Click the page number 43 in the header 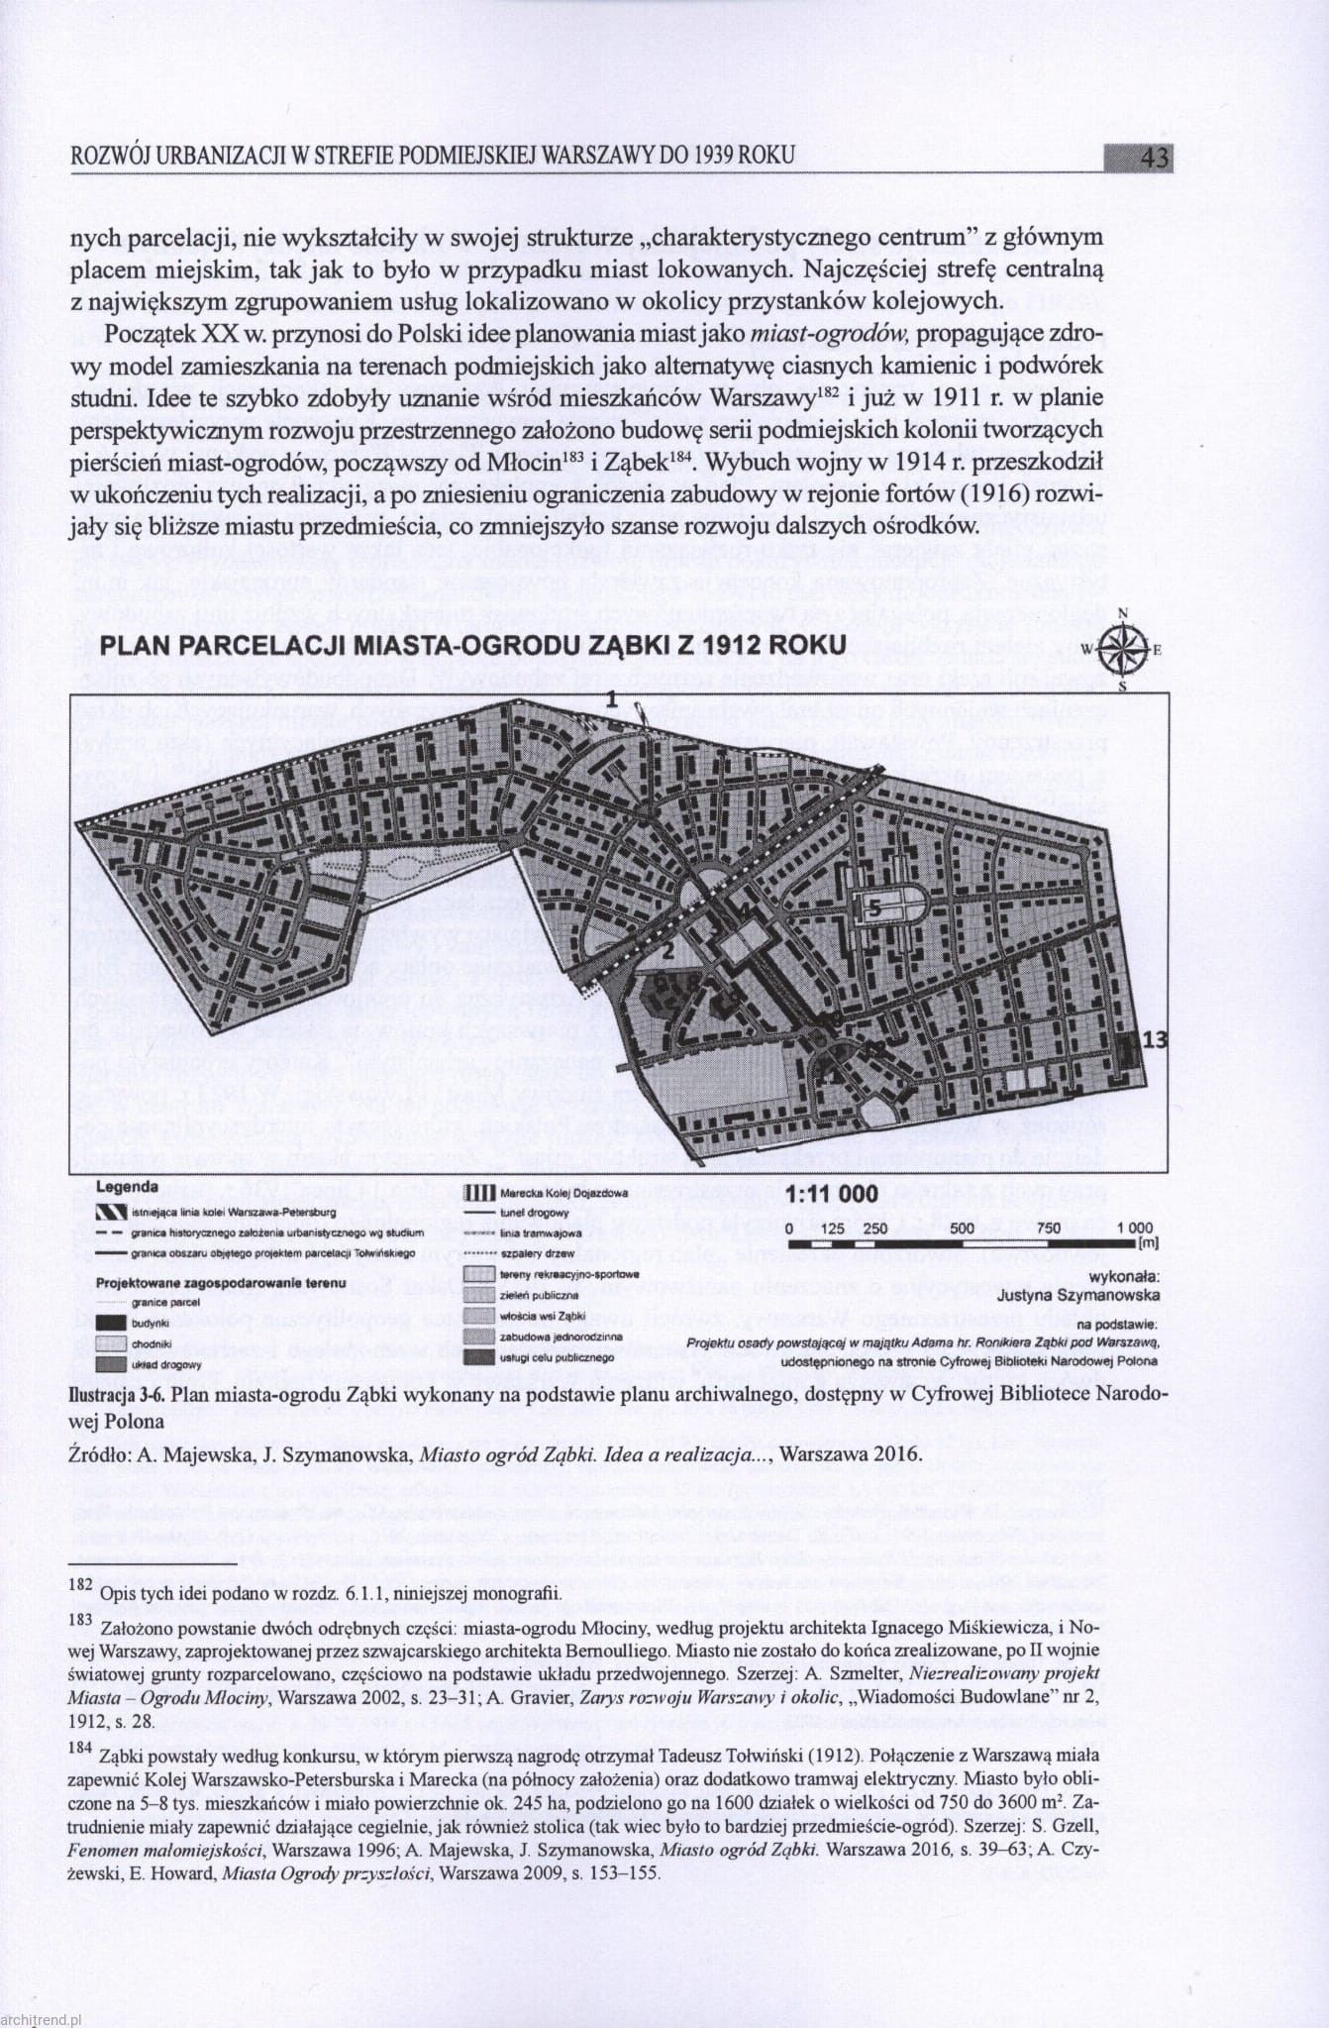click(1154, 159)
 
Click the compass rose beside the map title click(1122, 651)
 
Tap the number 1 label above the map click(613, 700)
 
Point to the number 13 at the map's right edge click(1155, 1039)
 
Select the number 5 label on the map click(874, 907)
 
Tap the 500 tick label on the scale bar click(962, 1228)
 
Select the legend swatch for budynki click(110, 1324)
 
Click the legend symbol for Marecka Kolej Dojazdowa click(479, 1194)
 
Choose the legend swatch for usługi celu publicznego click(479, 1356)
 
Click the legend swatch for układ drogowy click(110, 1363)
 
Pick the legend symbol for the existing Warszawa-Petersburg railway click(110, 1212)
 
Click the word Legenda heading click(127, 1187)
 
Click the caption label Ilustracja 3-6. click(115, 1395)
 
